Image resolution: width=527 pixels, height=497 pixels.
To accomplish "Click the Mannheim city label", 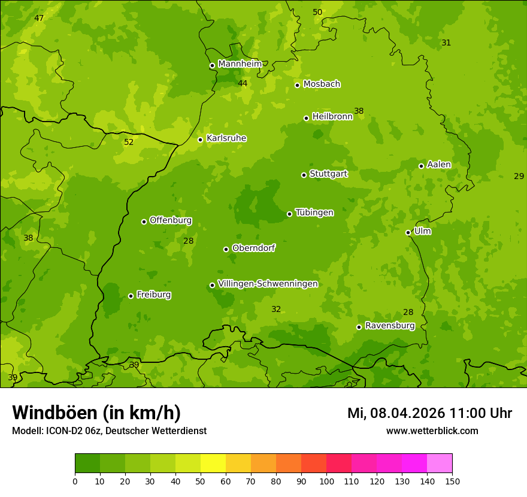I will pyautogui.click(x=240, y=64).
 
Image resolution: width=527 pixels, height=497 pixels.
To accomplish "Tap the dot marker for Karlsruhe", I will pyautogui.click(x=200, y=140).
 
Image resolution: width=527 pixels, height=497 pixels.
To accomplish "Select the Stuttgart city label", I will pyautogui.click(x=328, y=174).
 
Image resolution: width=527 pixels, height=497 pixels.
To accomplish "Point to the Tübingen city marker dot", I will pyautogui.click(x=289, y=214).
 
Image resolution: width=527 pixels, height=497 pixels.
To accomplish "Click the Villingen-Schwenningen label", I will pyautogui.click(x=268, y=284).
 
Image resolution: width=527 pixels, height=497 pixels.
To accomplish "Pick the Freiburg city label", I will pyautogui.click(x=153, y=295).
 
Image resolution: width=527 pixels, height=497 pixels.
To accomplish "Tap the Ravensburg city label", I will pyautogui.click(x=389, y=326).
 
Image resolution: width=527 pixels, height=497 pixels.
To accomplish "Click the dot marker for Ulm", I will pyautogui.click(x=408, y=232).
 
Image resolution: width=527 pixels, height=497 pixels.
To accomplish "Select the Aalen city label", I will pyautogui.click(x=439, y=165).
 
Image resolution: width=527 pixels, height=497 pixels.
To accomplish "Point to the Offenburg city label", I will pyautogui.click(x=170, y=220).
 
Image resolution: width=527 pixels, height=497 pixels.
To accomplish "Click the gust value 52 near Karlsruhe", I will pyautogui.click(x=129, y=143).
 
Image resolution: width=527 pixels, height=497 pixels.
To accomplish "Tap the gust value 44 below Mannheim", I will pyautogui.click(x=243, y=83).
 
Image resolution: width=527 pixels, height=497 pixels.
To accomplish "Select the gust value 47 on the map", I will pyautogui.click(x=39, y=19).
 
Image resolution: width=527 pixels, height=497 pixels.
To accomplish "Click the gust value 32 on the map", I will pyautogui.click(x=276, y=310).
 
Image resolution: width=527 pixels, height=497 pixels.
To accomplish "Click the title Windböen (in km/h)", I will pyautogui.click(x=96, y=413).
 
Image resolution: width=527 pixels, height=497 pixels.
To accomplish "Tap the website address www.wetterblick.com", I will pyautogui.click(x=432, y=431).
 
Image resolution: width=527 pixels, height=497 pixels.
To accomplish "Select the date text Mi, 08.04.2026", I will pyautogui.click(x=396, y=413).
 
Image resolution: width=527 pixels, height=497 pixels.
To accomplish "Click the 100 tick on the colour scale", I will pyautogui.click(x=326, y=481).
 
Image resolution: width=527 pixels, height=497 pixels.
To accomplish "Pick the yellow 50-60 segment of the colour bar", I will pyautogui.click(x=213, y=463).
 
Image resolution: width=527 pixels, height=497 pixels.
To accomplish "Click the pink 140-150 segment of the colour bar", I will pyautogui.click(x=440, y=463).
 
